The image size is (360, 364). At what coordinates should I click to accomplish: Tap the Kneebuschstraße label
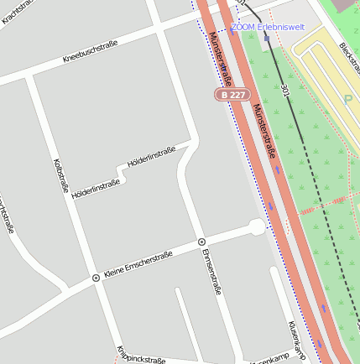pyautogui.click(x=90, y=51)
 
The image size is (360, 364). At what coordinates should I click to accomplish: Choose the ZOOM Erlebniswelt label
pyautogui.click(x=268, y=27)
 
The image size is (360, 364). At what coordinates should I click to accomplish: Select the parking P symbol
pyautogui.click(x=349, y=99)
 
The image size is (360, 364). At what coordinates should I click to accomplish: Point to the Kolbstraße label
pyautogui.click(x=60, y=174)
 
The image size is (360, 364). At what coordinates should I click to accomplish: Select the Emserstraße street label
pyautogui.click(x=211, y=272)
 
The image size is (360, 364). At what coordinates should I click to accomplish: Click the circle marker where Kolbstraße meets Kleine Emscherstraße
pyautogui.click(x=96, y=278)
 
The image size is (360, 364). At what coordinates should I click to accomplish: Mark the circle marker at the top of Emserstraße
pyautogui.click(x=201, y=242)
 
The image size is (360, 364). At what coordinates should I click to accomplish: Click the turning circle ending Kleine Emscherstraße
pyautogui.click(x=257, y=226)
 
